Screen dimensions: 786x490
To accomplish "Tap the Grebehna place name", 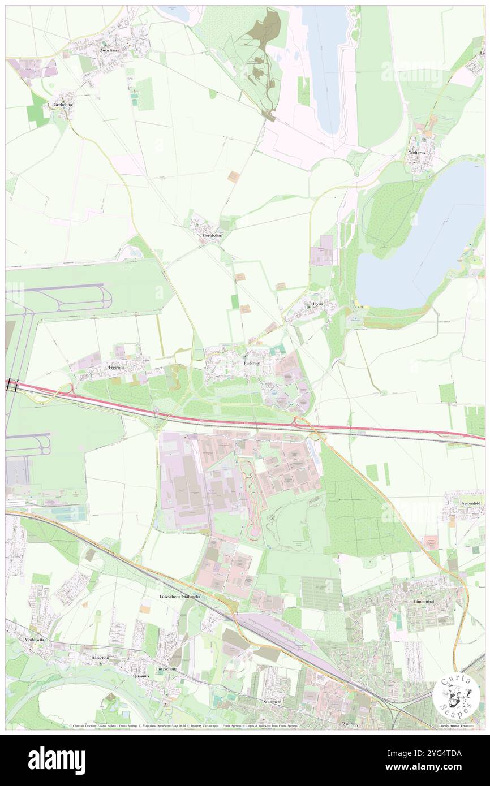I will pos(63,105).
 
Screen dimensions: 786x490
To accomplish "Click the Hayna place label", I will pos(317,304).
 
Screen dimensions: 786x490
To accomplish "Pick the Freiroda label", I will pos(116,367).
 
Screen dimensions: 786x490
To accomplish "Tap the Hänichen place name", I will pos(97,659).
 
